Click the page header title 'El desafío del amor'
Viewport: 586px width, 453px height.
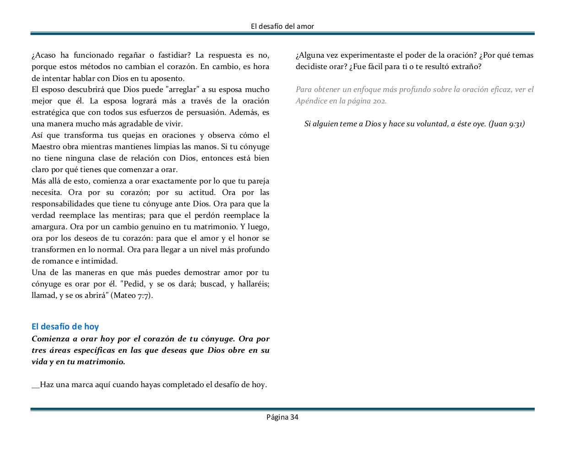pos(282,27)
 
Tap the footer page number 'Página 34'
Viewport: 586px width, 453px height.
pos(282,417)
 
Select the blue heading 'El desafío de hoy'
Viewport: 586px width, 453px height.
pos(65,326)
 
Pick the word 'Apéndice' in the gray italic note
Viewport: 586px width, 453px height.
pos(311,101)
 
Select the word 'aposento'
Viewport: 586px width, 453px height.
pos(168,78)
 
